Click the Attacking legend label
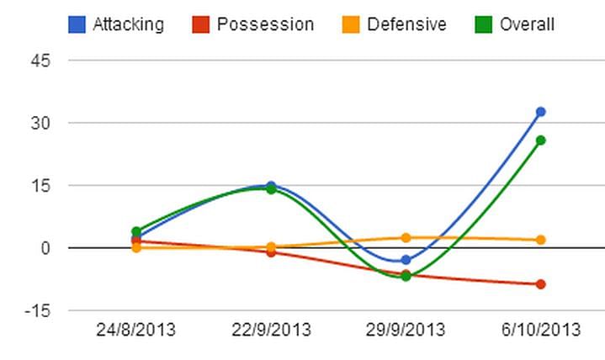coord(127,24)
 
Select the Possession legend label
coord(265,24)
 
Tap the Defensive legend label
coord(406,24)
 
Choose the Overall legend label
coord(527,24)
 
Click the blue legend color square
coord(77,24)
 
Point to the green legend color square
coord(484,24)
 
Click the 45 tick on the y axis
coord(43,61)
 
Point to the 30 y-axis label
coord(43,123)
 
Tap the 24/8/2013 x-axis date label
coord(136,330)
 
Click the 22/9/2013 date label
coord(271,330)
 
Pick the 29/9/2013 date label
coord(406,330)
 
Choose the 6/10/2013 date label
coord(540,330)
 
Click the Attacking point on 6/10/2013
coord(541,112)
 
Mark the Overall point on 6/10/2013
coord(541,140)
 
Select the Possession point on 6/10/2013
coord(541,284)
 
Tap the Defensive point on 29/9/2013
coord(406,238)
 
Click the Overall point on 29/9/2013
coord(406,276)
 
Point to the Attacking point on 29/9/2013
coord(406,260)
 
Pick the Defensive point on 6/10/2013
coord(541,240)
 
